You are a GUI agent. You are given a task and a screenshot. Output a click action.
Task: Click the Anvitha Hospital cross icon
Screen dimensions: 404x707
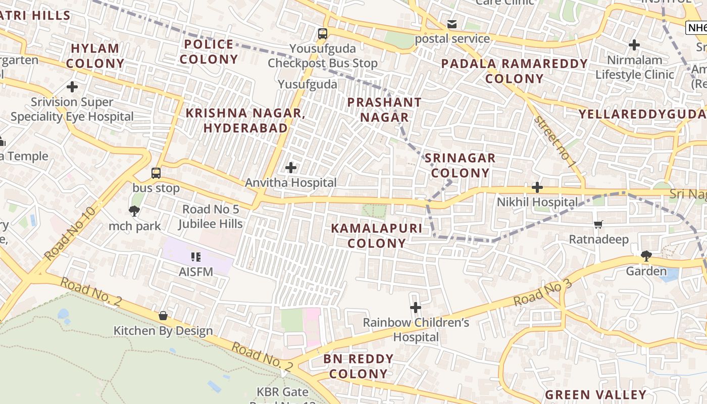click(x=291, y=167)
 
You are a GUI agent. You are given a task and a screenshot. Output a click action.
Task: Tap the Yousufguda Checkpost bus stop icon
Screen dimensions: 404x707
click(x=322, y=34)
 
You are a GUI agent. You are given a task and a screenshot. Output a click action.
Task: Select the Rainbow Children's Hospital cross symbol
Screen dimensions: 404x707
click(x=415, y=307)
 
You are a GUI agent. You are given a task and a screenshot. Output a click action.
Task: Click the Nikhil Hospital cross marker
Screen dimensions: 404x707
click(x=537, y=187)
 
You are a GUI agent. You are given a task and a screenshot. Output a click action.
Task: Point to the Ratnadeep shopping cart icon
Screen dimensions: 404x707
click(x=598, y=224)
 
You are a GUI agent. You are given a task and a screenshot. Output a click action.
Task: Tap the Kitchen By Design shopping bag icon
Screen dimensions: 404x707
click(x=163, y=316)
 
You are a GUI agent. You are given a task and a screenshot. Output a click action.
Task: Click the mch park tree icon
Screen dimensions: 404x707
click(x=134, y=211)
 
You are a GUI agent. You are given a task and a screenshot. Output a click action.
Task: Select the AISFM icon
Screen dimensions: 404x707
click(x=196, y=257)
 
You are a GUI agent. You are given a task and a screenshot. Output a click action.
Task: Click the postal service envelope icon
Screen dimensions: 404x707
click(x=452, y=24)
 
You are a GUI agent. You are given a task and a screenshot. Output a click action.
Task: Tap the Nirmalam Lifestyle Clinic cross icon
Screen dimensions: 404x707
click(x=634, y=45)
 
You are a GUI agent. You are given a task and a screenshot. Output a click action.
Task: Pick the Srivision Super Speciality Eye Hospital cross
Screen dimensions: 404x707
click(x=72, y=87)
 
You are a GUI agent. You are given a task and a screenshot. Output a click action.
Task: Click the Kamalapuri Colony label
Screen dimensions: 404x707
click(x=377, y=235)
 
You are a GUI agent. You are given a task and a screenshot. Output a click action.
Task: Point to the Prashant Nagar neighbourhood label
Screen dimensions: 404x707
click(x=384, y=110)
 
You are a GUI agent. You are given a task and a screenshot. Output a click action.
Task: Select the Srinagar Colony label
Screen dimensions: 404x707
click(x=460, y=165)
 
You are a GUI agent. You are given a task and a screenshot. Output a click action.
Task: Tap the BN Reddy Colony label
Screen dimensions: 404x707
click(x=359, y=366)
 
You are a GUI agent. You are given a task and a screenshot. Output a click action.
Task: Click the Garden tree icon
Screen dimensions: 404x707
click(x=646, y=256)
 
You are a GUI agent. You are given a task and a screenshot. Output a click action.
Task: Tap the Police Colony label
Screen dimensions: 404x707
click(x=209, y=52)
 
